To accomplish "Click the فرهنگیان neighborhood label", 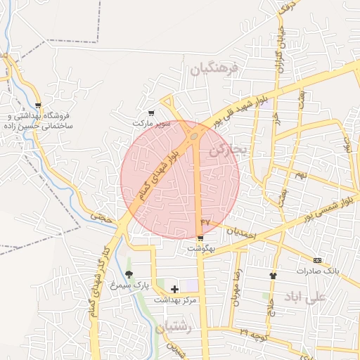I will pyautogui.click(x=215, y=69).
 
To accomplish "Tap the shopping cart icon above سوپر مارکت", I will pyautogui.click(x=151, y=112).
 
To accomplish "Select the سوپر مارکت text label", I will pyautogui.click(x=151, y=123).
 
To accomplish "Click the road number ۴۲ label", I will pyautogui.click(x=205, y=221).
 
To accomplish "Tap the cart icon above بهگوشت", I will pyautogui.click(x=201, y=238).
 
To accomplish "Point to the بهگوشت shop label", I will pyautogui.click(x=200, y=249).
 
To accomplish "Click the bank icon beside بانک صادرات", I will pyautogui.click(x=317, y=259).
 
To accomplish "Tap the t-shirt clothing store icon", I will pyautogui.click(x=273, y=275).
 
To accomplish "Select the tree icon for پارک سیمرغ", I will pyautogui.click(x=128, y=274).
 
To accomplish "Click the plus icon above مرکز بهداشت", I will pyautogui.click(x=175, y=289).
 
